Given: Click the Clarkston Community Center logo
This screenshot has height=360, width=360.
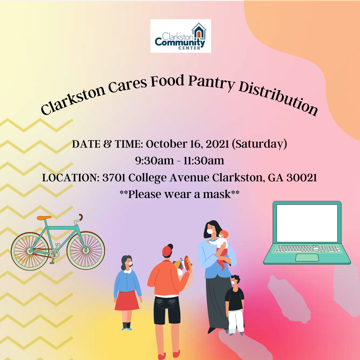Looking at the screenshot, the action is point(181,36).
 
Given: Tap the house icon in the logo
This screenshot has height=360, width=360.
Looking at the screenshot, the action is point(199,31).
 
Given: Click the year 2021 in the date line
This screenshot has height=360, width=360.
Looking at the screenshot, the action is point(217,144).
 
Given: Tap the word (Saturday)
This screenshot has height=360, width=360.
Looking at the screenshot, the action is point(259,144).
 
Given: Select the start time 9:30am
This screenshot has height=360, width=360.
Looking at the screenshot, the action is point(154,161).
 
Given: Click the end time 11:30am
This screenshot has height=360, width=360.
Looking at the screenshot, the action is point(204,161).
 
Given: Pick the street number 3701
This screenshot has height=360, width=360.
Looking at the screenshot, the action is point(114,178).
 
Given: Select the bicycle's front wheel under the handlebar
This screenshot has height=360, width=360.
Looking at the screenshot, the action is point(86,250).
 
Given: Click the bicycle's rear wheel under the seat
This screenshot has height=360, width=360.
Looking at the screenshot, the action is point(30,251).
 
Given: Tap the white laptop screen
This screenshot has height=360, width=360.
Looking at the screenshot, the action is point(307,223).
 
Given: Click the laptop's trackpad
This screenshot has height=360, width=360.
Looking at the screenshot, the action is point(307,258).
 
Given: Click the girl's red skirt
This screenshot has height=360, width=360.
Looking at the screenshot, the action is point(127,301).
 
